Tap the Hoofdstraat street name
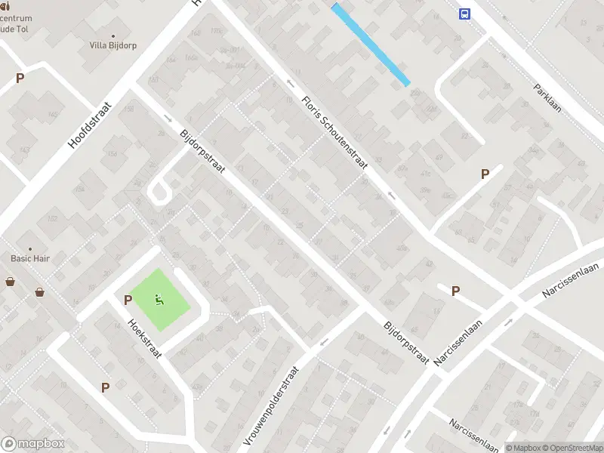(89, 125)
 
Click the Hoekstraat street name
(145, 339)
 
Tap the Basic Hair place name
(30, 258)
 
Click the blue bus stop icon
(464, 14)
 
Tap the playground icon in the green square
(159, 300)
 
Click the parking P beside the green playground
(128, 300)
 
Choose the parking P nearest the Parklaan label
(485, 174)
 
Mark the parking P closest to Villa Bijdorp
(20, 77)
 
